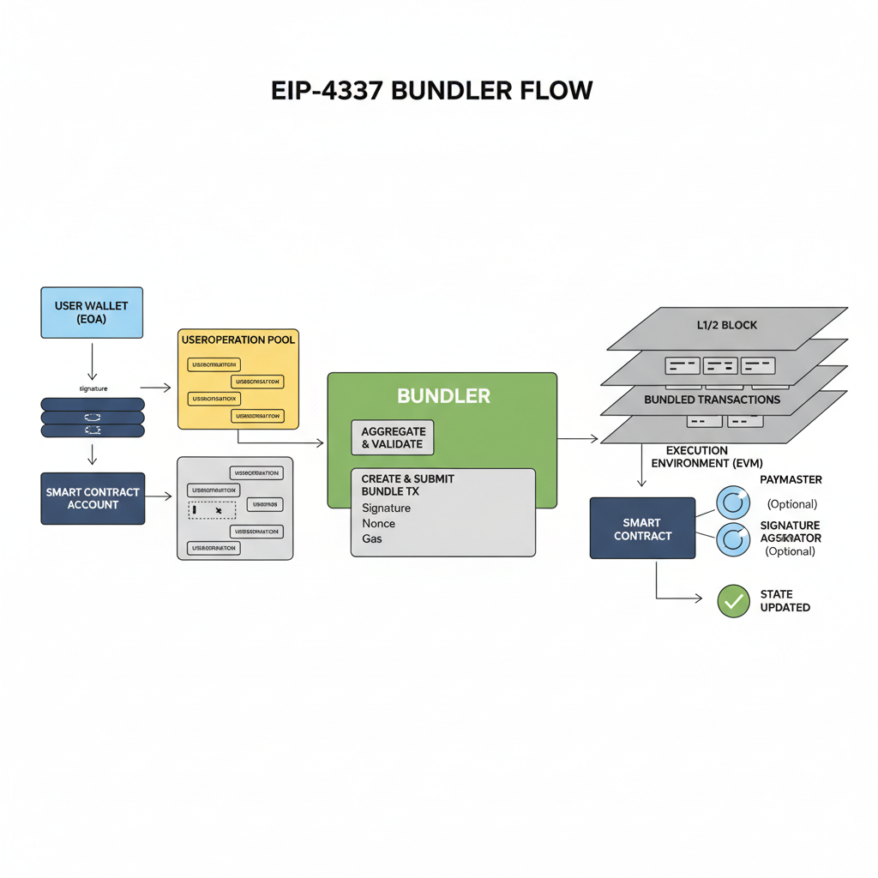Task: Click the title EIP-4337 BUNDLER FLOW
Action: click(431, 91)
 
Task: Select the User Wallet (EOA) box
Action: click(92, 312)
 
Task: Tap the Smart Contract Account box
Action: click(93, 498)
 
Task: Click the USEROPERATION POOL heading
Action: click(238, 340)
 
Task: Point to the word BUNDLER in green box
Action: click(443, 396)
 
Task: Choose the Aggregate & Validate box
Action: click(393, 437)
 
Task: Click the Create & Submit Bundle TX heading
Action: click(407, 484)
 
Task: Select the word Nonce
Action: click(378, 523)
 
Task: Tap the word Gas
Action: click(372, 538)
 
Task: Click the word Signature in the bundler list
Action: click(386, 508)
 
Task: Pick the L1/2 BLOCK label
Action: click(726, 326)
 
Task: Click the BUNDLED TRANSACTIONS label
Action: click(712, 400)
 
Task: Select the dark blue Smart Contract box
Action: click(642, 528)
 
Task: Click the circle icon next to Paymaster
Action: click(732, 501)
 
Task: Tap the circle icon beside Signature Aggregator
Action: click(732, 538)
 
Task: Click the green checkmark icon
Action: click(733, 601)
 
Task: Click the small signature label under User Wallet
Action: click(93, 388)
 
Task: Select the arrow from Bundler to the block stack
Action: click(578, 439)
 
